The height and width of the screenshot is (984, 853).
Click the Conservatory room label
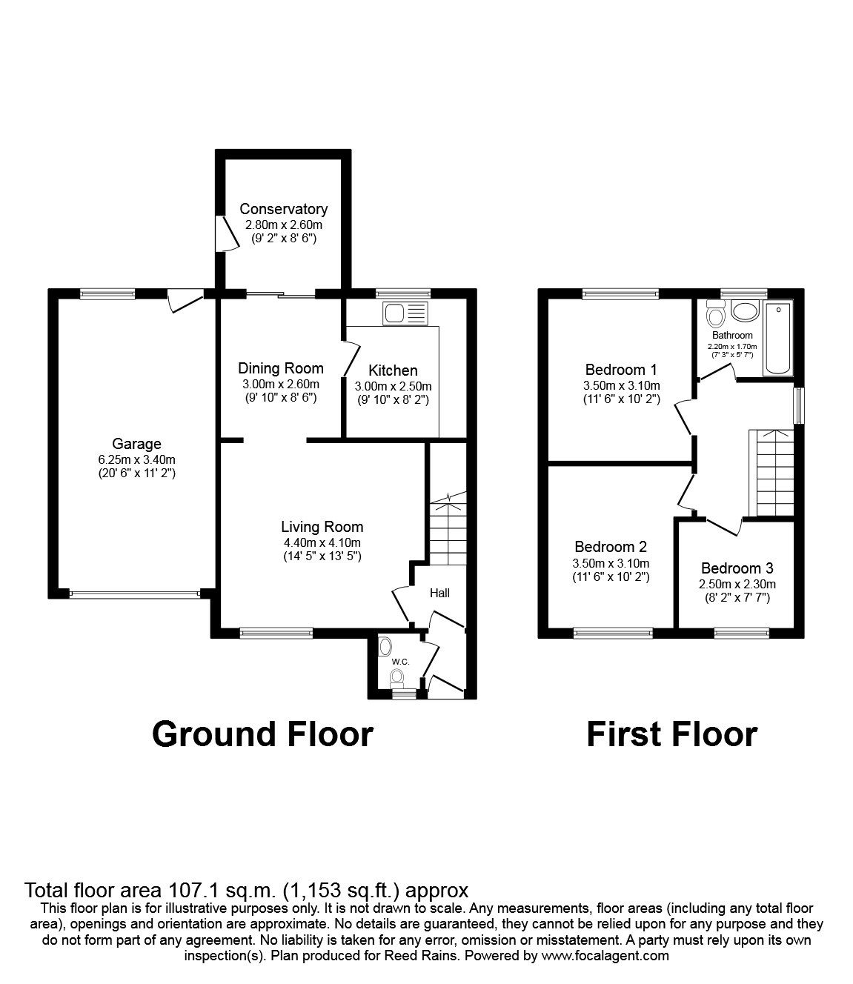coord(283,209)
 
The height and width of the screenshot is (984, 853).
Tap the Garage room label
coord(136,444)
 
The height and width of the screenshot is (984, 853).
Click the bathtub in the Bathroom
coord(779,339)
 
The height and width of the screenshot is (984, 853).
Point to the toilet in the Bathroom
coord(716,315)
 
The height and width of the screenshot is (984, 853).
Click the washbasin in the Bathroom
coord(744,311)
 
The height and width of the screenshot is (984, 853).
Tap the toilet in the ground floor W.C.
coord(398,676)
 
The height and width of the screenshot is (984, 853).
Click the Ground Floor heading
coord(262,734)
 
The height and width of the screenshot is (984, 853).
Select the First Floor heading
coord(671,734)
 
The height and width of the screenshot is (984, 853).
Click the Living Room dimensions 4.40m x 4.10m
coord(322,542)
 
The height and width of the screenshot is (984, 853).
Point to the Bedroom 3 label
coord(737,568)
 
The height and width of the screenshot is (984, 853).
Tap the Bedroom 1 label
coord(621,370)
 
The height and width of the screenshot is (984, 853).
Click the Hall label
coord(439,593)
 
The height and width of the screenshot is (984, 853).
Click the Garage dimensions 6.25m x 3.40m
coord(136,459)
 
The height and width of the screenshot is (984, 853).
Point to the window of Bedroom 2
coord(613,633)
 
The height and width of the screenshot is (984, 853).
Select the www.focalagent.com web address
coord(605,956)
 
